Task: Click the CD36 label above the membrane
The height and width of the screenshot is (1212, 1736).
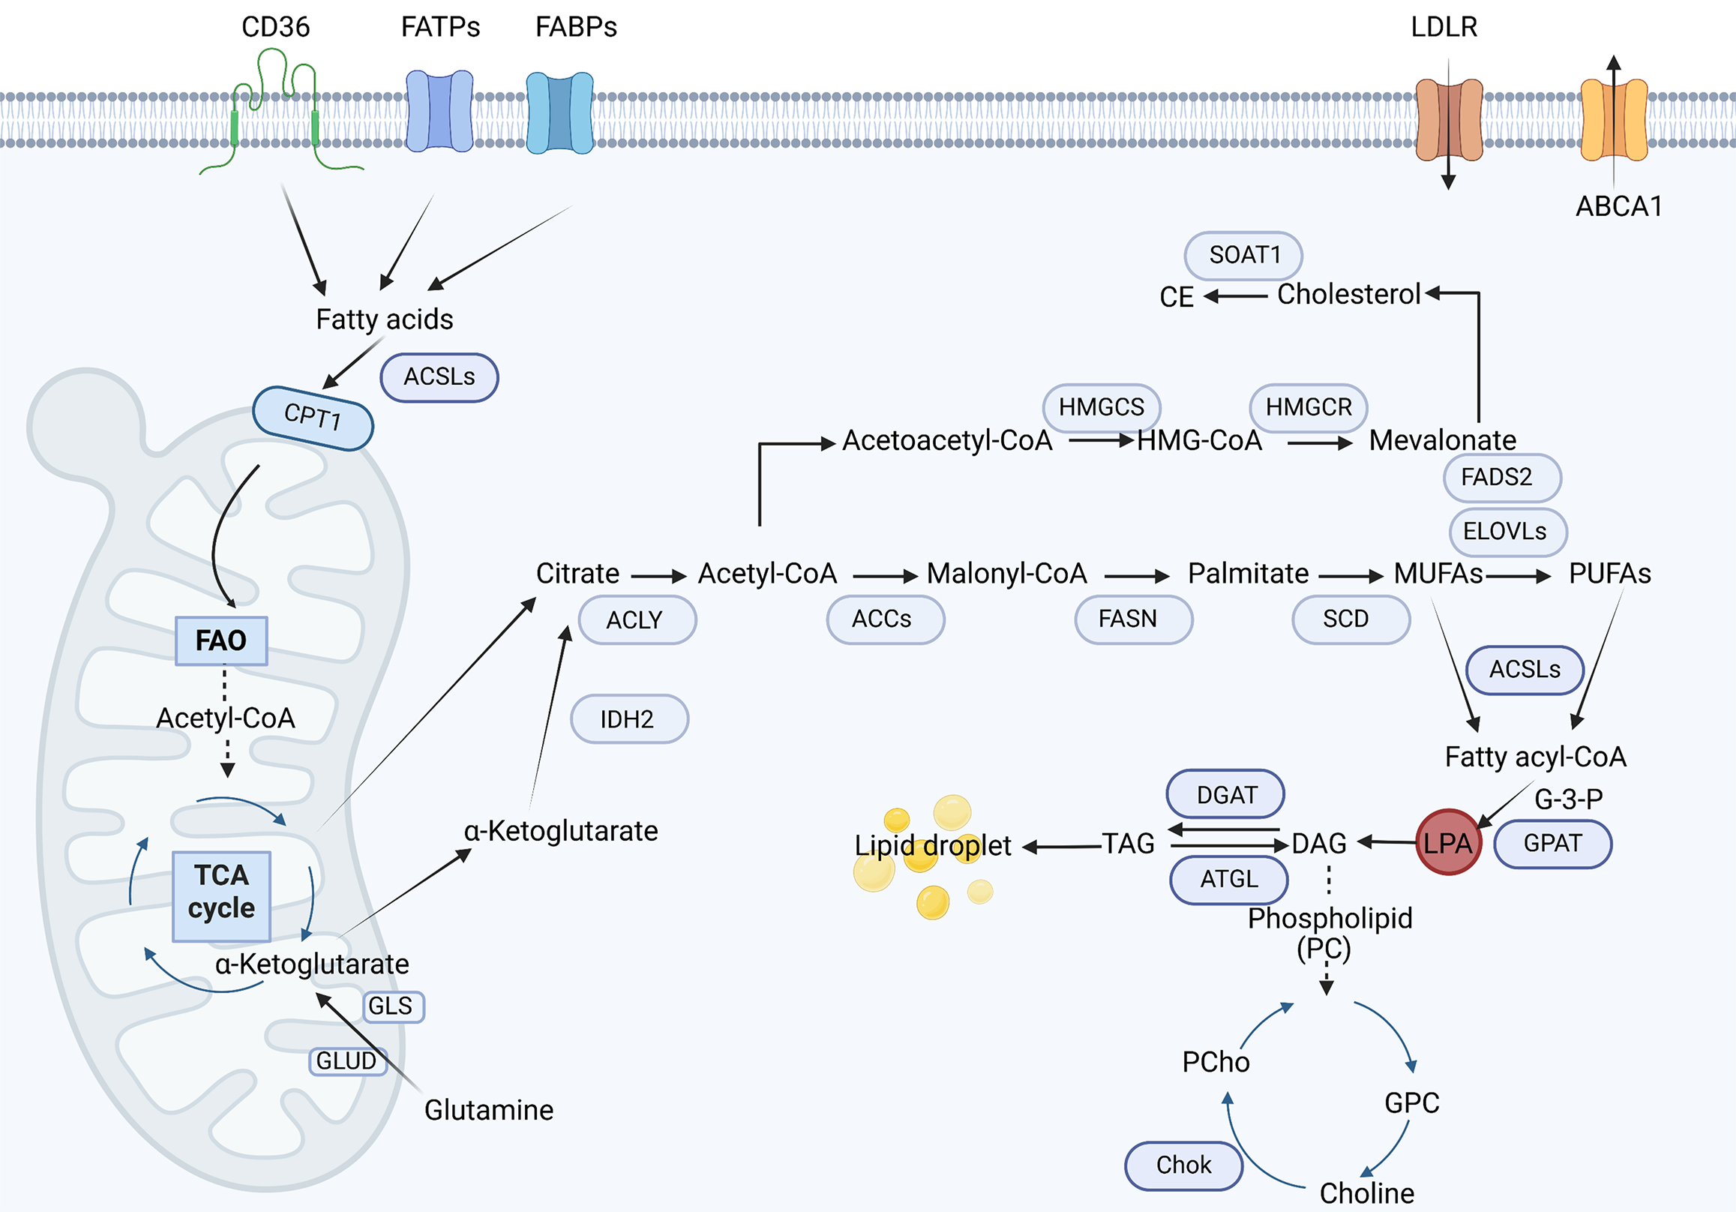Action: coord(275,27)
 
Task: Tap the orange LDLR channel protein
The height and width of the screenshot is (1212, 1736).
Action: coord(1449,119)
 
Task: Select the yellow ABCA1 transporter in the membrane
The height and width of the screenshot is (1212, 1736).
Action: coord(1614,120)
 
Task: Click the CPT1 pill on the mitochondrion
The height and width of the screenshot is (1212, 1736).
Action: coord(313,417)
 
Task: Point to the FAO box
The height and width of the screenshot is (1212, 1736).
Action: coord(220,640)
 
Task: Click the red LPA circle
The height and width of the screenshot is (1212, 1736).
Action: coord(1447,842)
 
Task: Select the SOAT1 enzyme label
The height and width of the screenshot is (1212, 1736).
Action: coord(1244,255)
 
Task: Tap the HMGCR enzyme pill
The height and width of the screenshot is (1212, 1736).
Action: coord(1308,406)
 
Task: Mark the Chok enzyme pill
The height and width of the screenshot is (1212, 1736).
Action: coord(1183,1165)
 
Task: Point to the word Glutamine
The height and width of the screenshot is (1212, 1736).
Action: coord(488,1110)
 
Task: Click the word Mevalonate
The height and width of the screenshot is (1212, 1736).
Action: coord(1442,440)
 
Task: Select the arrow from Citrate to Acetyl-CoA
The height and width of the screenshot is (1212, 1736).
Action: coord(658,577)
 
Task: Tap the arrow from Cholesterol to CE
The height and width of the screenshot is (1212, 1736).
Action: coord(1235,295)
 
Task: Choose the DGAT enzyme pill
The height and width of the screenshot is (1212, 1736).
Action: coord(1225,795)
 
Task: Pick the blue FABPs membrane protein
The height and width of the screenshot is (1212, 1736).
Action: coord(559,112)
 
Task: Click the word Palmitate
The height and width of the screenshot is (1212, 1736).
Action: coord(1248,574)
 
